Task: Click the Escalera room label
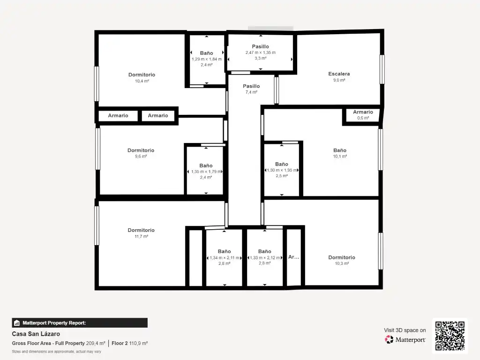(x=339, y=74)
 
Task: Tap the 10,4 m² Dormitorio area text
(x=142, y=81)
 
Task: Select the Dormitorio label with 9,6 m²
(x=141, y=150)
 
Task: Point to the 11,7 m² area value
(x=141, y=236)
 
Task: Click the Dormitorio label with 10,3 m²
(x=342, y=257)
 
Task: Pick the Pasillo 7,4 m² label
(x=251, y=86)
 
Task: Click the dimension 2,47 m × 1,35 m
(x=261, y=52)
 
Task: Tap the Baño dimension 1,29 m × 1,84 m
(x=207, y=59)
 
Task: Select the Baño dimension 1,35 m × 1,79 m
(x=206, y=172)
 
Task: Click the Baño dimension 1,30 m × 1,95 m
(x=282, y=170)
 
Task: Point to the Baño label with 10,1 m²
(x=340, y=150)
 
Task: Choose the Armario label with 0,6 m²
(x=363, y=112)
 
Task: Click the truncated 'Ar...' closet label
(x=293, y=257)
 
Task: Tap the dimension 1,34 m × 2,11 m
(x=225, y=258)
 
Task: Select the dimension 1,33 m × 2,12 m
(x=265, y=258)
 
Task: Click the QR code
(x=450, y=336)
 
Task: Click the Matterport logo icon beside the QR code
(x=389, y=339)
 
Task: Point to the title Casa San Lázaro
(x=36, y=334)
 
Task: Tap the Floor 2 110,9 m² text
(x=129, y=344)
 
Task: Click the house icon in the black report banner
(x=17, y=323)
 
